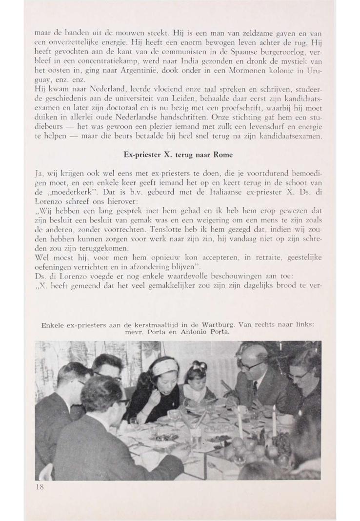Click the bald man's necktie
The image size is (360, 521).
click(x=255, y=389)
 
